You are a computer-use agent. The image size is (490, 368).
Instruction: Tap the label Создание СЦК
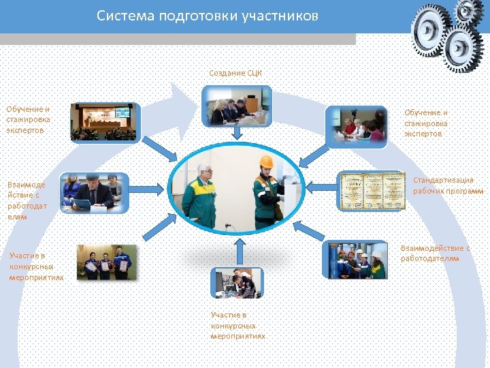tap(235, 72)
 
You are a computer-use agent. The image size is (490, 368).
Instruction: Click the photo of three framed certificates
tap(372, 190)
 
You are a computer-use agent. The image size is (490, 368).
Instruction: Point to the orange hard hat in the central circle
tap(266, 162)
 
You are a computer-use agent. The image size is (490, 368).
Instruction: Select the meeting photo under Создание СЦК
tap(236, 107)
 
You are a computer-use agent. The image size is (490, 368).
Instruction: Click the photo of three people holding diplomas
tap(106, 262)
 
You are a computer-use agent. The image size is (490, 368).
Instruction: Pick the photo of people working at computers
tap(235, 283)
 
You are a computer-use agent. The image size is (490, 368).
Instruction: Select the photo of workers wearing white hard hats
tap(357, 260)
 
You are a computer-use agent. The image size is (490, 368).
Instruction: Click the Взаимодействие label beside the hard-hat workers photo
tap(435, 253)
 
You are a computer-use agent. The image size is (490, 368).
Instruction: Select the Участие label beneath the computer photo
tap(238, 326)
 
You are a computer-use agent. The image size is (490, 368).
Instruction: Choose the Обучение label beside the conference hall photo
tap(29, 119)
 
